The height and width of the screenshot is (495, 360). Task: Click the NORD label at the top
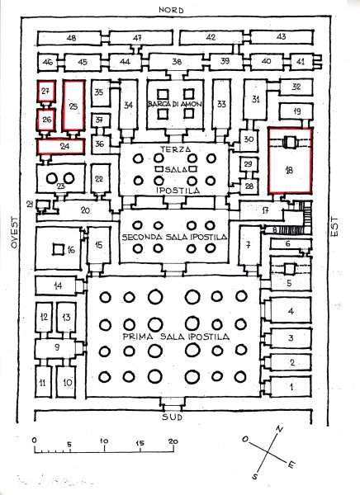click(171, 10)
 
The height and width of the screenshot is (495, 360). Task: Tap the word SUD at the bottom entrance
click(173, 417)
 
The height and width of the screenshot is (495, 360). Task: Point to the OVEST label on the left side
click(15, 232)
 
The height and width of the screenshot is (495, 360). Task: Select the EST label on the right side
click(334, 226)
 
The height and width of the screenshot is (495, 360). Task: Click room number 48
click(72, 38)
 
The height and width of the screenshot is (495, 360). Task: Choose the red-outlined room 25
click(73, 106)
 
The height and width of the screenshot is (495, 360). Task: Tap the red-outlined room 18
click(290, 160)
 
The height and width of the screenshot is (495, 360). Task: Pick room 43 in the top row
click(282, 37)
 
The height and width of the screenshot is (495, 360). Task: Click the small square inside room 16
click(58, 250)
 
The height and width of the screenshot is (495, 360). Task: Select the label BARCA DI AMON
click(175, 104)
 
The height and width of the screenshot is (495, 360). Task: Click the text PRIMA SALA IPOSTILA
click(176, 337)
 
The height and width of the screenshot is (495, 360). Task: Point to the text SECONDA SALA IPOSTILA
click(174, 237)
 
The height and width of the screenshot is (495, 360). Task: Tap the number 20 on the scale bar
click(173, 441)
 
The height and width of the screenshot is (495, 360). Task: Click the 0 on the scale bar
click(35, 441)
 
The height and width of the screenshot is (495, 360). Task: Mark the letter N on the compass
click(279, 429)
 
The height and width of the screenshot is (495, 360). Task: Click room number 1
click(291, 386)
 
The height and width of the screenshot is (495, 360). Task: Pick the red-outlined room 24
click(61, 147)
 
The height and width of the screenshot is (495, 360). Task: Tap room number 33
click(221, 104)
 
